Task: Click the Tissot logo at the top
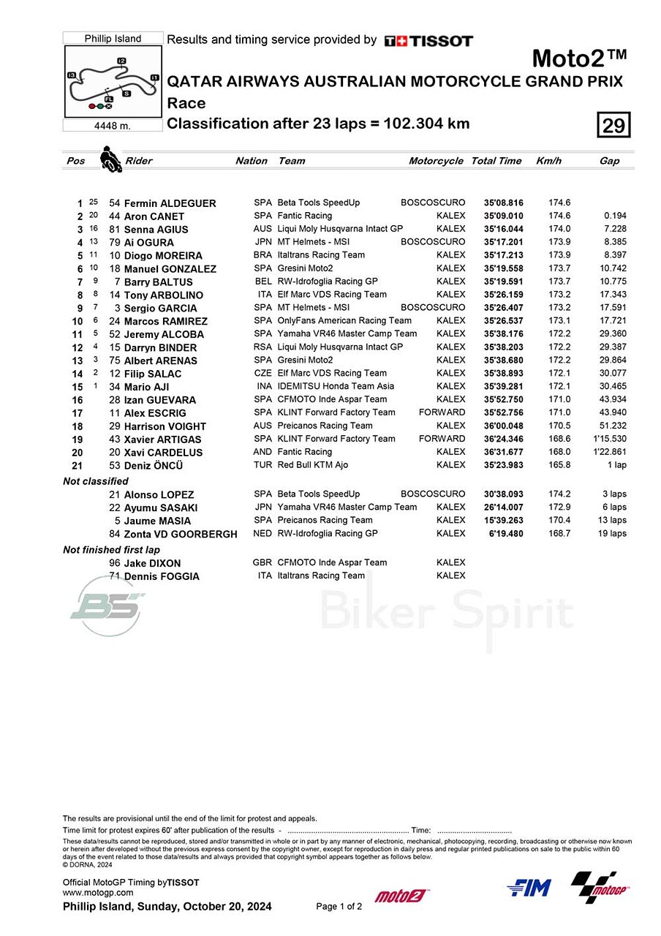[428, 41]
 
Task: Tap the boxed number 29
[613, 126]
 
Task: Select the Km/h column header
[548, 161]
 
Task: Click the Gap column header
[609, 161]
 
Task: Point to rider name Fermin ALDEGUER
[170, 203]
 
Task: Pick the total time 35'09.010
[503, 216]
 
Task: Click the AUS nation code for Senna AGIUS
[262, 229]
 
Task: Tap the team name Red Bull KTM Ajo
[313, 465]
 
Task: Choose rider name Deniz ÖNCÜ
[154, 466]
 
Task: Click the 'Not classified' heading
[96, 481]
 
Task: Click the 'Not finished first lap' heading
[111, 550]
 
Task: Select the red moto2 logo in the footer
[401, 896]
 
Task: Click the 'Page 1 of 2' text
[339, 907]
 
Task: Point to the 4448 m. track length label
[113, 126]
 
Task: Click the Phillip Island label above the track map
[113, 39]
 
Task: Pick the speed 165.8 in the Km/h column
[559, 465]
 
